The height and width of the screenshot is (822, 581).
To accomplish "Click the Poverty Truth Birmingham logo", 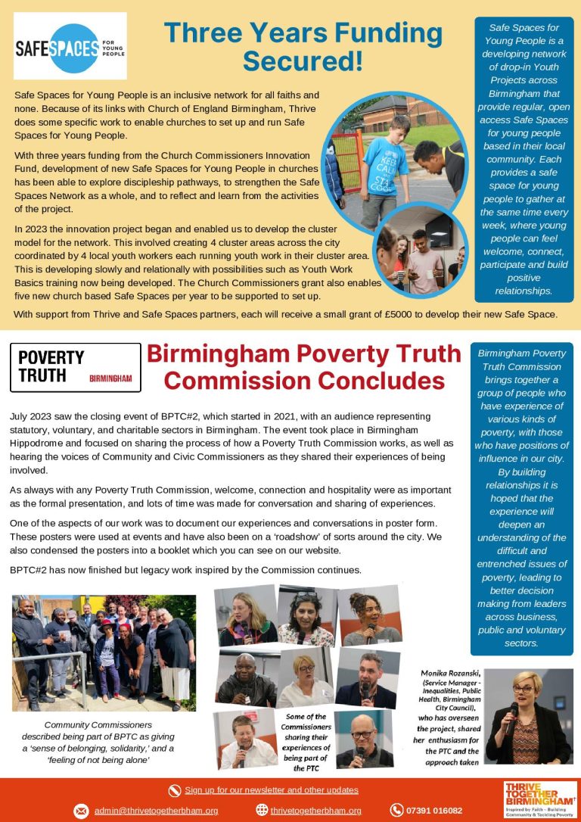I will pyautogui.click(x=76, y=367).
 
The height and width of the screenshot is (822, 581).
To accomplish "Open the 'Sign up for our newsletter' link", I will pyautogui.click(x=272, y=790).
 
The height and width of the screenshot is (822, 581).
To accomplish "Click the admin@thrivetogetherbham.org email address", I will pyautogui.click(x=157, y=811).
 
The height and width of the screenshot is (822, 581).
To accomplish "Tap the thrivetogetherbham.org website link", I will pyautogui.click(x=316, y=811).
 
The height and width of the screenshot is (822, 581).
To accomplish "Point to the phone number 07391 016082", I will pyautogui.click(x=434, y=811).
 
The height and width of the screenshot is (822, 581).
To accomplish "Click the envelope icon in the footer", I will pyautogui.click(x=81, y=811).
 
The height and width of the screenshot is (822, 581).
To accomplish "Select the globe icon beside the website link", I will pyautogui.click(x=262, y=811).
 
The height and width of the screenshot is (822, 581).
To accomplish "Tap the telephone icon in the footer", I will pyautogui.click(x=396, y=811).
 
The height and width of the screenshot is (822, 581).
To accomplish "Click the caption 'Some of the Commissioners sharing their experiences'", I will pyautogui.click(x=306, y=742).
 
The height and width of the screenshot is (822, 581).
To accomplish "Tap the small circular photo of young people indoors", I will pyautogui.click(x=420, y=252).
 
